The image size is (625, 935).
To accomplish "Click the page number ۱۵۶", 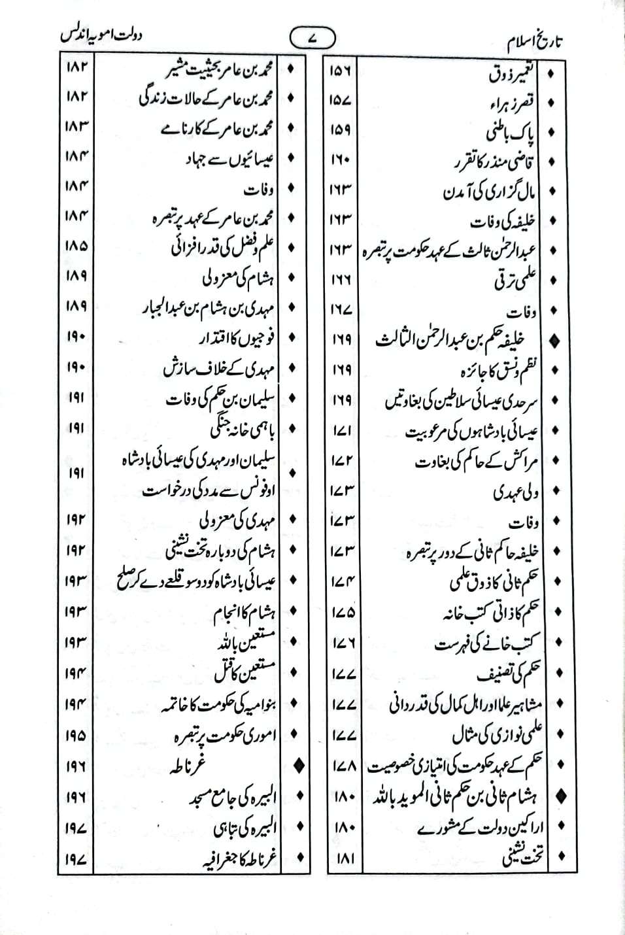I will point(341,73).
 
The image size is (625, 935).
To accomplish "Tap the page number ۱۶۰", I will point(341,160).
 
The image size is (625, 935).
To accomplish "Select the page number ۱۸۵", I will point(76,246).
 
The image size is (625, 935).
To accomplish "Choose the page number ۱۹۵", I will point(76,735).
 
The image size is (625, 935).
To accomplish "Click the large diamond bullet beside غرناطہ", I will point(301,764).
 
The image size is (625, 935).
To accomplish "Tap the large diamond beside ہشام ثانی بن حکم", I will point(560,796).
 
